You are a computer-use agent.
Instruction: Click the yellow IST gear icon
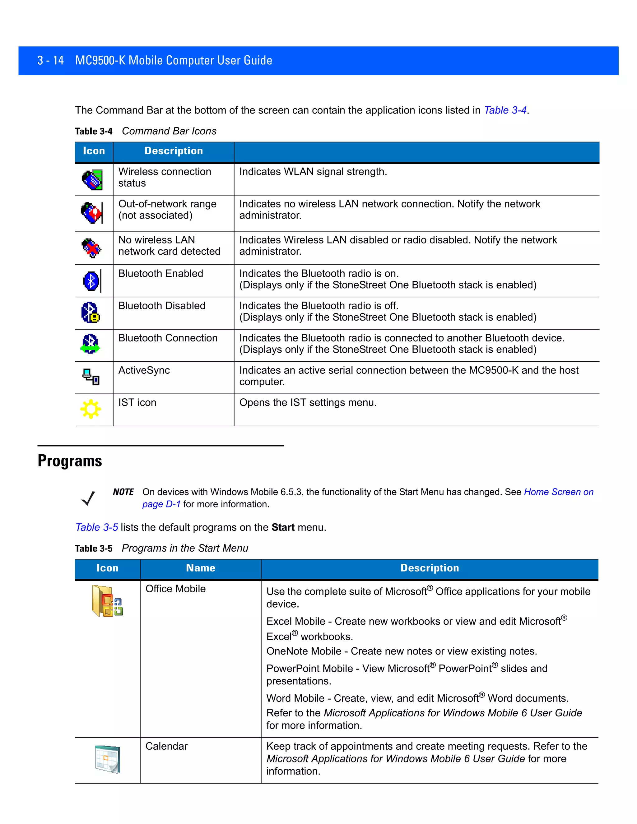tap(91, 409)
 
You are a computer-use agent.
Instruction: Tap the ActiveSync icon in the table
tap(91, 377)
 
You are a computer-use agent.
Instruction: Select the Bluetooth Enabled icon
tap(91, 281)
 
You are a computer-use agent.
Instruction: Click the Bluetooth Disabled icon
tap(91, 313)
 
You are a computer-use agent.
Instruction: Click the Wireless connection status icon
tap(92, 180)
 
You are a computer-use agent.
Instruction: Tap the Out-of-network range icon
tap(91, 213)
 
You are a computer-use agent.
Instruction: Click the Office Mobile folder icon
tap(107, 601)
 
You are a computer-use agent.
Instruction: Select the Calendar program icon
tap(108, 759)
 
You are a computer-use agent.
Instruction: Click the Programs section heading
tap(70, 461)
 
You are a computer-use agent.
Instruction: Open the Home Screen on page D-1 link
tap(559, 492)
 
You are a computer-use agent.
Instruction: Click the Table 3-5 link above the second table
tap(97, 527)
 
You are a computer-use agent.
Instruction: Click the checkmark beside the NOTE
tap(88, 499)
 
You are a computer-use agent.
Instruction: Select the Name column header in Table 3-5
tap(200, 568)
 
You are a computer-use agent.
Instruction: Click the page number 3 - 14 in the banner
tap(51, 60)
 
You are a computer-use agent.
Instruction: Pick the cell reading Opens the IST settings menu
tap(308, 403)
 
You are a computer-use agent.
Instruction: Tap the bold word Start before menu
tap(283, 527)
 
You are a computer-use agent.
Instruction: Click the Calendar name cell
tap(166, 746)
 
